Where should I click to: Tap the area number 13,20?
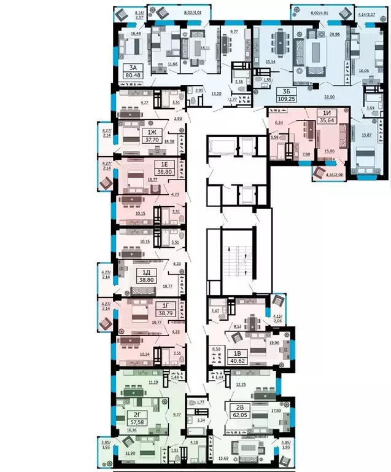pos(216,95)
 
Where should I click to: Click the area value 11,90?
pos(130,454)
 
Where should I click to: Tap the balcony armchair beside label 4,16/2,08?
pos(320,173)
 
